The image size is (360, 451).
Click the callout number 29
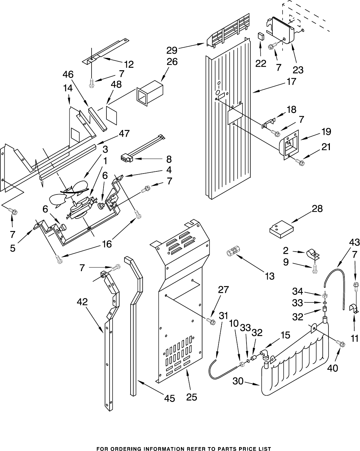(x=172, y=50)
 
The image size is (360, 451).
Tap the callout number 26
(x=172, y=62)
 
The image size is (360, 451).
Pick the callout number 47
(x=124, y=133)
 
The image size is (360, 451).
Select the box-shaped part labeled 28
(x=281, y=229)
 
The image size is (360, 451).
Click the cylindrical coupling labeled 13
(x=233, y=251)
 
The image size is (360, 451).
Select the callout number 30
(x=238, y=381)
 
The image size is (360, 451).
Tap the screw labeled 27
(x=211, y=321)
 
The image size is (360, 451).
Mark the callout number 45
(x=169, y=398)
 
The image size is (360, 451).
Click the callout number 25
(x=192, y=397)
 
